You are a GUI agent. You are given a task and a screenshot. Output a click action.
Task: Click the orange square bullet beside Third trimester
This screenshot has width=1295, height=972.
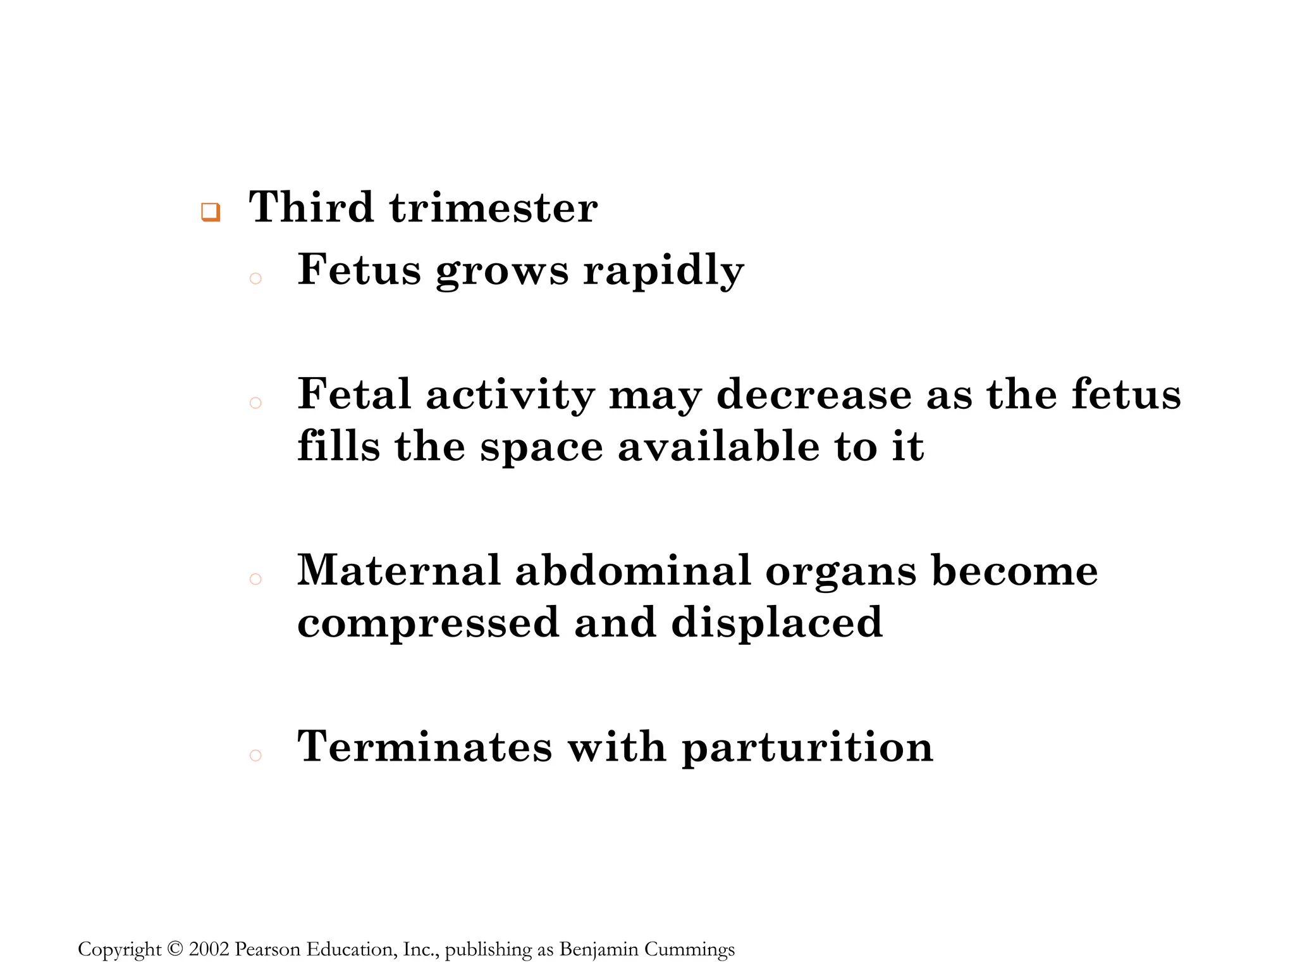coord(211,212)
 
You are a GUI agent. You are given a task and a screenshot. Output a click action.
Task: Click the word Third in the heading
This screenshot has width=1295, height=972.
coord(310,207)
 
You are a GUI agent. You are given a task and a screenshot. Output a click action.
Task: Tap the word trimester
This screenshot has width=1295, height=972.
coord(493,207)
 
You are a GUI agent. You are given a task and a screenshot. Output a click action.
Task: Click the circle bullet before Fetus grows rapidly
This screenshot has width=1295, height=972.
coord(255,278)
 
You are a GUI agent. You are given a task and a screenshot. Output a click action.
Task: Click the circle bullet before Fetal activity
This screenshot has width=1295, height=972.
coord(255,402)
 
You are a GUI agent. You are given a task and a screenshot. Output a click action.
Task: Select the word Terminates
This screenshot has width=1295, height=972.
coord(425,747)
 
